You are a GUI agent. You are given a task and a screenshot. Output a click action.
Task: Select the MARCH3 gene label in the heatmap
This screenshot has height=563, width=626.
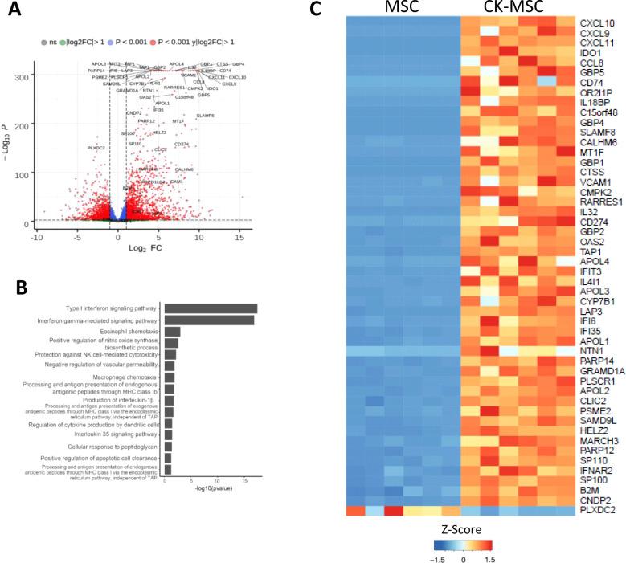pos(597,415)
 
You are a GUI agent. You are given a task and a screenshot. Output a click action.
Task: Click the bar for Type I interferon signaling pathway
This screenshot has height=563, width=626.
pos(210,308)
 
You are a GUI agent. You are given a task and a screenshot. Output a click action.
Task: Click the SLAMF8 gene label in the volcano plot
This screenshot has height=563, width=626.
pos(205,116)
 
